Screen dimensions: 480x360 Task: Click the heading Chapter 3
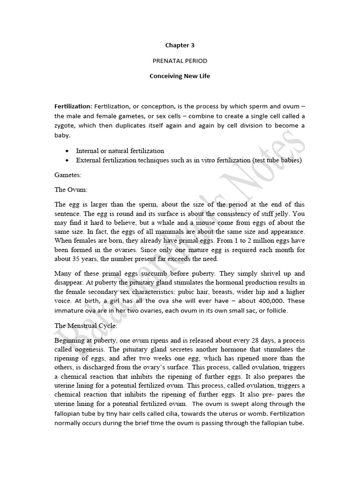pyautogui.click(x=180, y=45)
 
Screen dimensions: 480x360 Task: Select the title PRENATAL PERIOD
pyautogui.click(x=180, y=61)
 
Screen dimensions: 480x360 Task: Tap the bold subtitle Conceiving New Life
pyautogui.click(x=180, y=76)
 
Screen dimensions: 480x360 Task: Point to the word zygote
pyautogui.click(x=65, y=126)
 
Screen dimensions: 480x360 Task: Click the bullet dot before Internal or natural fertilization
pyautogui.click(x=68, y=151)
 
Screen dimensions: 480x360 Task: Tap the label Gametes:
pyautogui.click(x=67, y=175)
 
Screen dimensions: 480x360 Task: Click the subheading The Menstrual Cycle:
pyautogui.click(x=83, y=326)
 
